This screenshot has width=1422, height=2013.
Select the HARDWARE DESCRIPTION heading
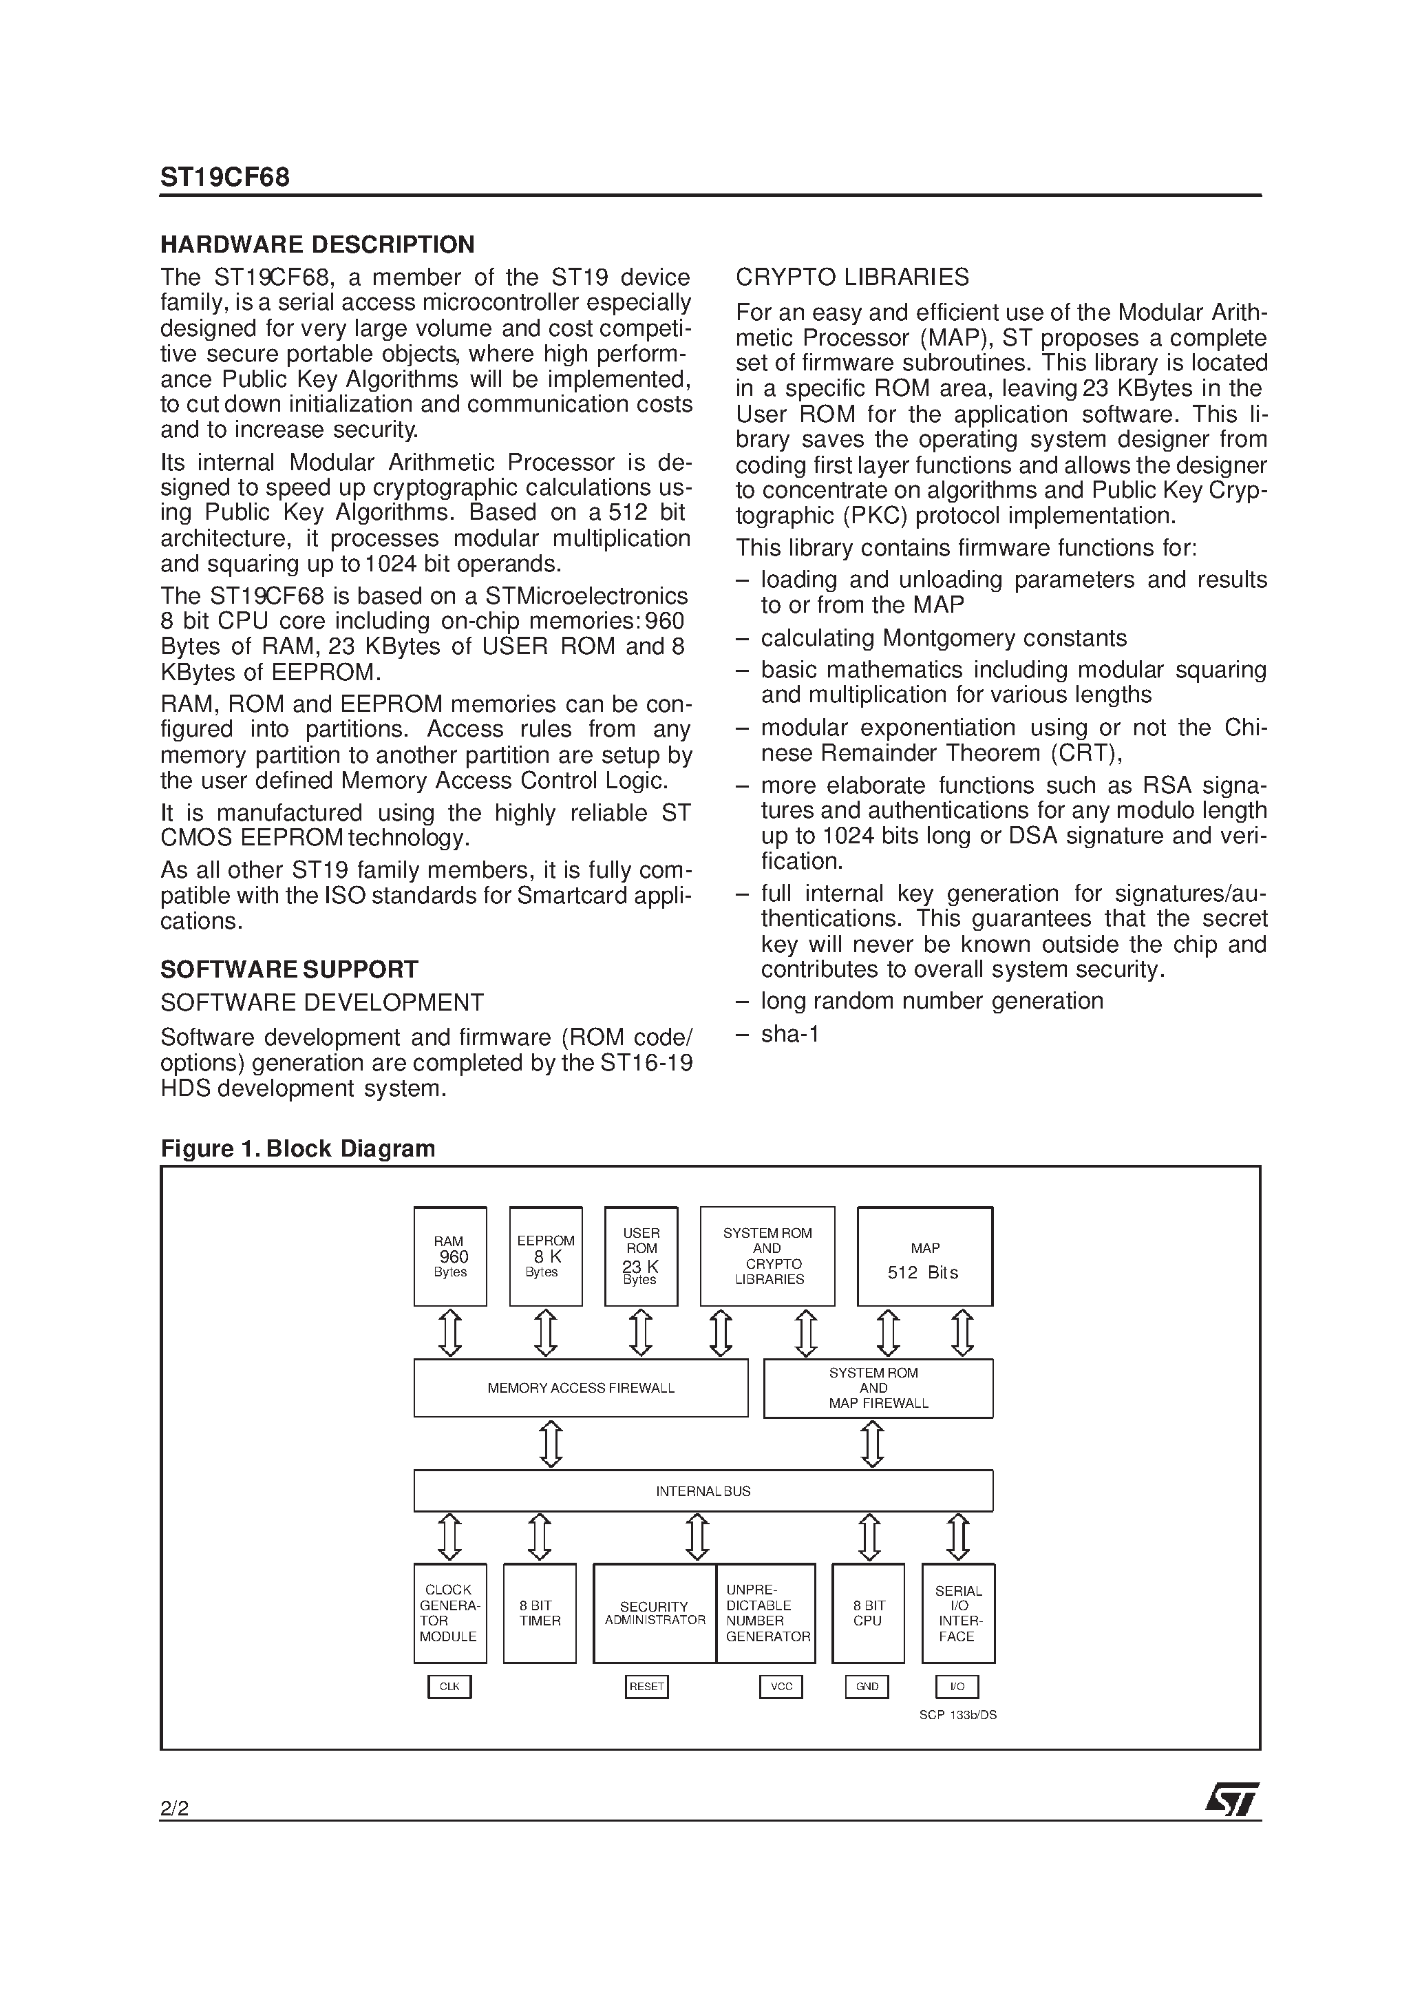pyautogui.click(x=317, y=244)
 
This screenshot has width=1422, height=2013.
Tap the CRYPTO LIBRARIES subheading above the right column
pyautogui.click(x=851, y=277)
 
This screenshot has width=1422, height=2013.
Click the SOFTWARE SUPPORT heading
pyautogui.click(x=288, y=970)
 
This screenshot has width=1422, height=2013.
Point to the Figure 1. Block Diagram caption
pyautogui.click(x=297, y=1148)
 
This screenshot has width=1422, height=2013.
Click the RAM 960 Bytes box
pyautogui.click(x=449, y=1256)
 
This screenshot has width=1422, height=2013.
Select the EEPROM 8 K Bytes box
pyautogui.click(x=545, y=1256)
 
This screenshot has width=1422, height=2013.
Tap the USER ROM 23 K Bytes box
pyautogui.click(x=641, y=1256)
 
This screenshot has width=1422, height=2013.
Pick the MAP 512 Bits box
pyautogui.click(x=924, y=1256)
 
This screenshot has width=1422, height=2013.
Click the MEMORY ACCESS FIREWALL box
pyautogui.click(x=580, y=1388)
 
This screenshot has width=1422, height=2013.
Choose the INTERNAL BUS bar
pyautogui.click(x=703, y=1490)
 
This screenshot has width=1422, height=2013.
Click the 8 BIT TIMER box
pyautogui.click(x=539, y=1613)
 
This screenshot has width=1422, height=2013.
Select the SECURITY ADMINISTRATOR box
pyautogui.click(x=654, y=1613)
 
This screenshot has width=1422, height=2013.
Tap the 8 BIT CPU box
pyautogui.click(x=867, y=1613)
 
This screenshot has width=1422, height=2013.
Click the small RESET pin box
pyautogui.click(x=646, y=1687)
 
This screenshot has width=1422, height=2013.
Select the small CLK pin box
pyautogui.click(x=449, y=1687)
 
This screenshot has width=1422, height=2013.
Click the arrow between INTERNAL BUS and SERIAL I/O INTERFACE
pyautogui.click(x=957, y=1537)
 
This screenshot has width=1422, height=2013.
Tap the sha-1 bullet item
pyautogui.click(x=789, y=1035)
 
